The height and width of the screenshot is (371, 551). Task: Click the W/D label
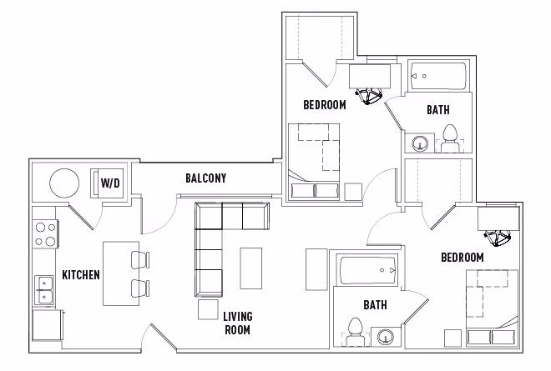109,183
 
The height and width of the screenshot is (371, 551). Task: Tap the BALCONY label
205,178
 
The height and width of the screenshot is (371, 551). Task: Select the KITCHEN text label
81,274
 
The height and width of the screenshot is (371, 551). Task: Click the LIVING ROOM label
237,323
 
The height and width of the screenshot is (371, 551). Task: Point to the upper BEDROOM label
324,105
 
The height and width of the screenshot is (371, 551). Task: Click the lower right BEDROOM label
462,258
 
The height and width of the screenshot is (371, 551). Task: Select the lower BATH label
375,305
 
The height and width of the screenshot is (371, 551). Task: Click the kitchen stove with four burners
45,233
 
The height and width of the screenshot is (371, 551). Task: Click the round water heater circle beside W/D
63,182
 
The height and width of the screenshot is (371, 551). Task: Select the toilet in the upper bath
450,138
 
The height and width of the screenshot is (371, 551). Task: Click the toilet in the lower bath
354,332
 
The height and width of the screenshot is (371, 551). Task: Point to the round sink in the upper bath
419,144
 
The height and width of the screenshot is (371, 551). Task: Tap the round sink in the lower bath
385,338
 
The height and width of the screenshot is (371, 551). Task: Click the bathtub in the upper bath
439,78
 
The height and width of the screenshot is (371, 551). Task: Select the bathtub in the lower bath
368,270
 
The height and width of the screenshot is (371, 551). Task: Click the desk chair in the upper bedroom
369,98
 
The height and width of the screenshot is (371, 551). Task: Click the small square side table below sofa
208,310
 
